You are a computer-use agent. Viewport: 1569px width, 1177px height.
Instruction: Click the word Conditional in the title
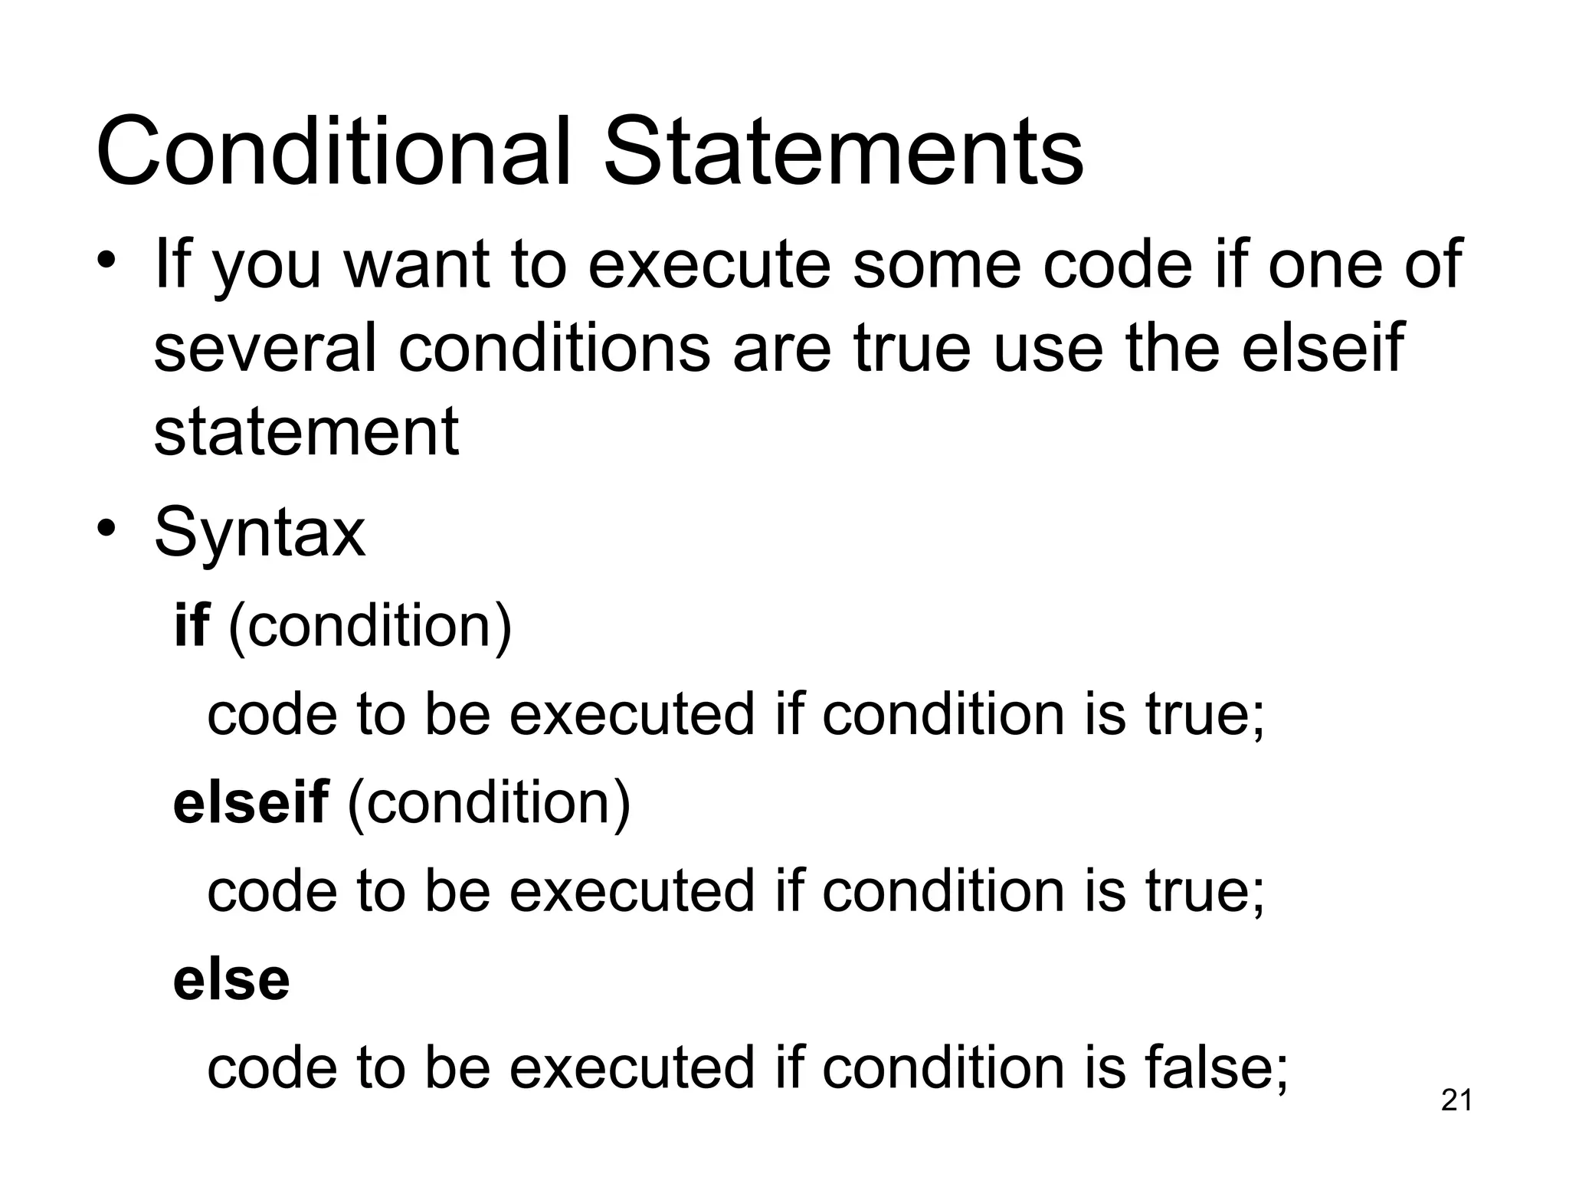tap(333, 151)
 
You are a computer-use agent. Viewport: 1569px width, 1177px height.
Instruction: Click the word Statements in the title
tap(843, 151)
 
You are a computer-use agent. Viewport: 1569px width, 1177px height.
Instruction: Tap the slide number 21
tap(1456, 1100)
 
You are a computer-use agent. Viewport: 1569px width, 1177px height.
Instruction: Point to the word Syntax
tap(260, 534)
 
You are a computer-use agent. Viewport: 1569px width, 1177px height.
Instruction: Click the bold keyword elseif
tap(251, 802)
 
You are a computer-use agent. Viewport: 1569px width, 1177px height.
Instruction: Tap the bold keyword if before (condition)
tap(192, 625)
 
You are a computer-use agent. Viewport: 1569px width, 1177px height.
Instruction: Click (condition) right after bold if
tap(370, 627)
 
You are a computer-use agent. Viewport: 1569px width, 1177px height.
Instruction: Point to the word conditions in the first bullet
tap(555, 349)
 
